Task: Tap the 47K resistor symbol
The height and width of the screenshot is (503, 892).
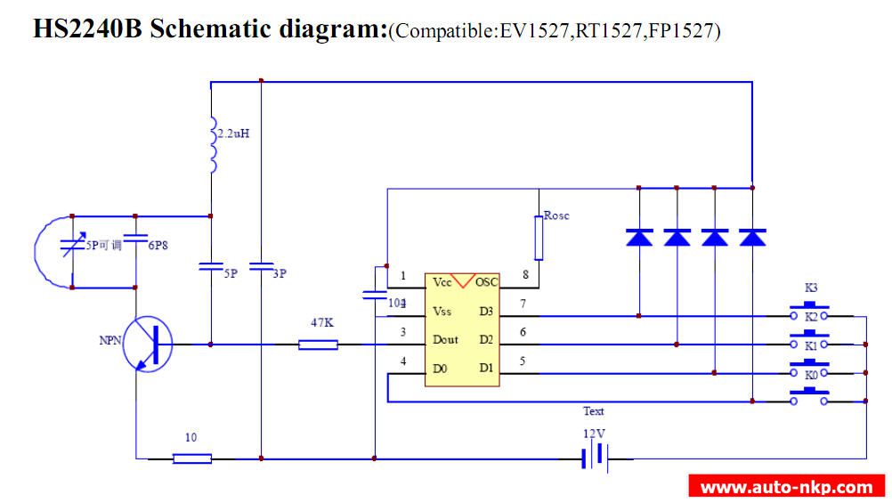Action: [318, 344]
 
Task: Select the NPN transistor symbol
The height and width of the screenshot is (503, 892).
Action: [147, 344]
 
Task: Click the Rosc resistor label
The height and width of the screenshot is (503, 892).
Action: [556, 216]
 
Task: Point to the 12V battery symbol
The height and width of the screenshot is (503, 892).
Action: [594, 458]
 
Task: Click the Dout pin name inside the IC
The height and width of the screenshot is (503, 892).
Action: [446, 339]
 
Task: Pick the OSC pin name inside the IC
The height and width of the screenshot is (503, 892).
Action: [486, 282]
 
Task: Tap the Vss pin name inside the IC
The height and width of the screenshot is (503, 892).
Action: [442, 311]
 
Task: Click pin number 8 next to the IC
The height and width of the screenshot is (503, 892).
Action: [525, 275]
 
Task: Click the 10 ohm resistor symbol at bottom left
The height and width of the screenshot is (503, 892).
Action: [192, 458]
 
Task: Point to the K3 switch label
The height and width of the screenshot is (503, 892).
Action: [811, 288]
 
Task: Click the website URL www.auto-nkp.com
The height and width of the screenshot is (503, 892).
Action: [786, 487]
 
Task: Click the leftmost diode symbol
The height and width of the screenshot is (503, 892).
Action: [639, 237]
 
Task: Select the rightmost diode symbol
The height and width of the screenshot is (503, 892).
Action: [753, 237]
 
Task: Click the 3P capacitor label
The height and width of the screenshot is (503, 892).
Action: [279, 274]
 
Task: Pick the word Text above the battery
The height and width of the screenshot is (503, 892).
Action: [594, 411]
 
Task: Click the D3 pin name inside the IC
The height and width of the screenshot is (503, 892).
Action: [486, 311]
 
